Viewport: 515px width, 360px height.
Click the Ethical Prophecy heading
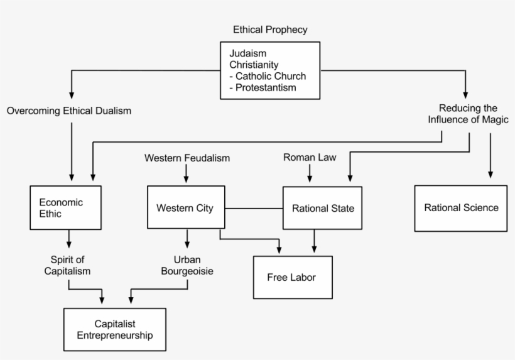point(270,30)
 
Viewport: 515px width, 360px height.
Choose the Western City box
point(185,208)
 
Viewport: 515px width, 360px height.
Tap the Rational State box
point(323,208)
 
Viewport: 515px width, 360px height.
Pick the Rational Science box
point(461,208)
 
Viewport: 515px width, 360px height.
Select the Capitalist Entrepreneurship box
point(114,329)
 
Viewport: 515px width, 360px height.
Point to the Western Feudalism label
point(187,158)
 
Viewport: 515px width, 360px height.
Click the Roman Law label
point(309,158)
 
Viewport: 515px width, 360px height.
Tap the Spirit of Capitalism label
point(67,265)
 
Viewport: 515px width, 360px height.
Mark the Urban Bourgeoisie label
point(188,265)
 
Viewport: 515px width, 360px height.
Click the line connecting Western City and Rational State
point(254,208)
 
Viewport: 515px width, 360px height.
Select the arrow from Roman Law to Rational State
point(310,175)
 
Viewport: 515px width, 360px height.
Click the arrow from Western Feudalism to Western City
point(187,175)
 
